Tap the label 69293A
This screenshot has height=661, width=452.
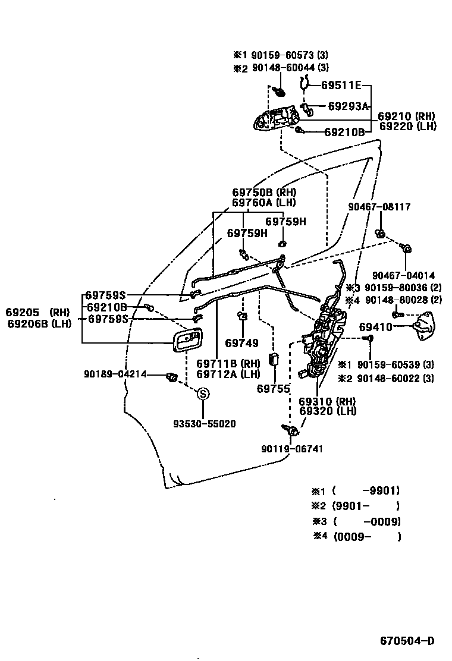pyautogui.click(x=348, y=106)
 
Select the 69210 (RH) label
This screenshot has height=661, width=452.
pyautogui.click(x=407, y=117)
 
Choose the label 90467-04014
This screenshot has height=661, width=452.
pyautogui.click(x=403, y=275)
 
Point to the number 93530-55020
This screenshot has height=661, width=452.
pyautogui.click(x=204, y=424)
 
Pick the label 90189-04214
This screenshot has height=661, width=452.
pyautogui.click(x=115, y=374)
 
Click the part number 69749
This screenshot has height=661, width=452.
pyautogui.click(x=241, y=343)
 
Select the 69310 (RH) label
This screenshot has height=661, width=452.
pyautogui.click(x=327, y=402)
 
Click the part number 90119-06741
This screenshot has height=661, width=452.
pyautogui.click(x=292, y=449)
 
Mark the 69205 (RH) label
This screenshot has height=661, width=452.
pyautogui.click(x=37, y=312)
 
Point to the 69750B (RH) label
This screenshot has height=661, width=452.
pyautogui.click(x=263, y=193)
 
